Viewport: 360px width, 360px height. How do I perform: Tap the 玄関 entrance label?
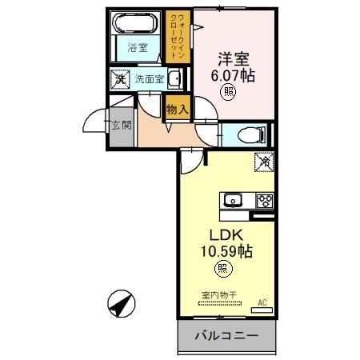122,126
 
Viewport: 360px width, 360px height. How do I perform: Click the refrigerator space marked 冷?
263,160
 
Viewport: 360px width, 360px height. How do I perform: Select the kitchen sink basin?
233,200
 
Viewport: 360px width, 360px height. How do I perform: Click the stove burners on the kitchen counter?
264,200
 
